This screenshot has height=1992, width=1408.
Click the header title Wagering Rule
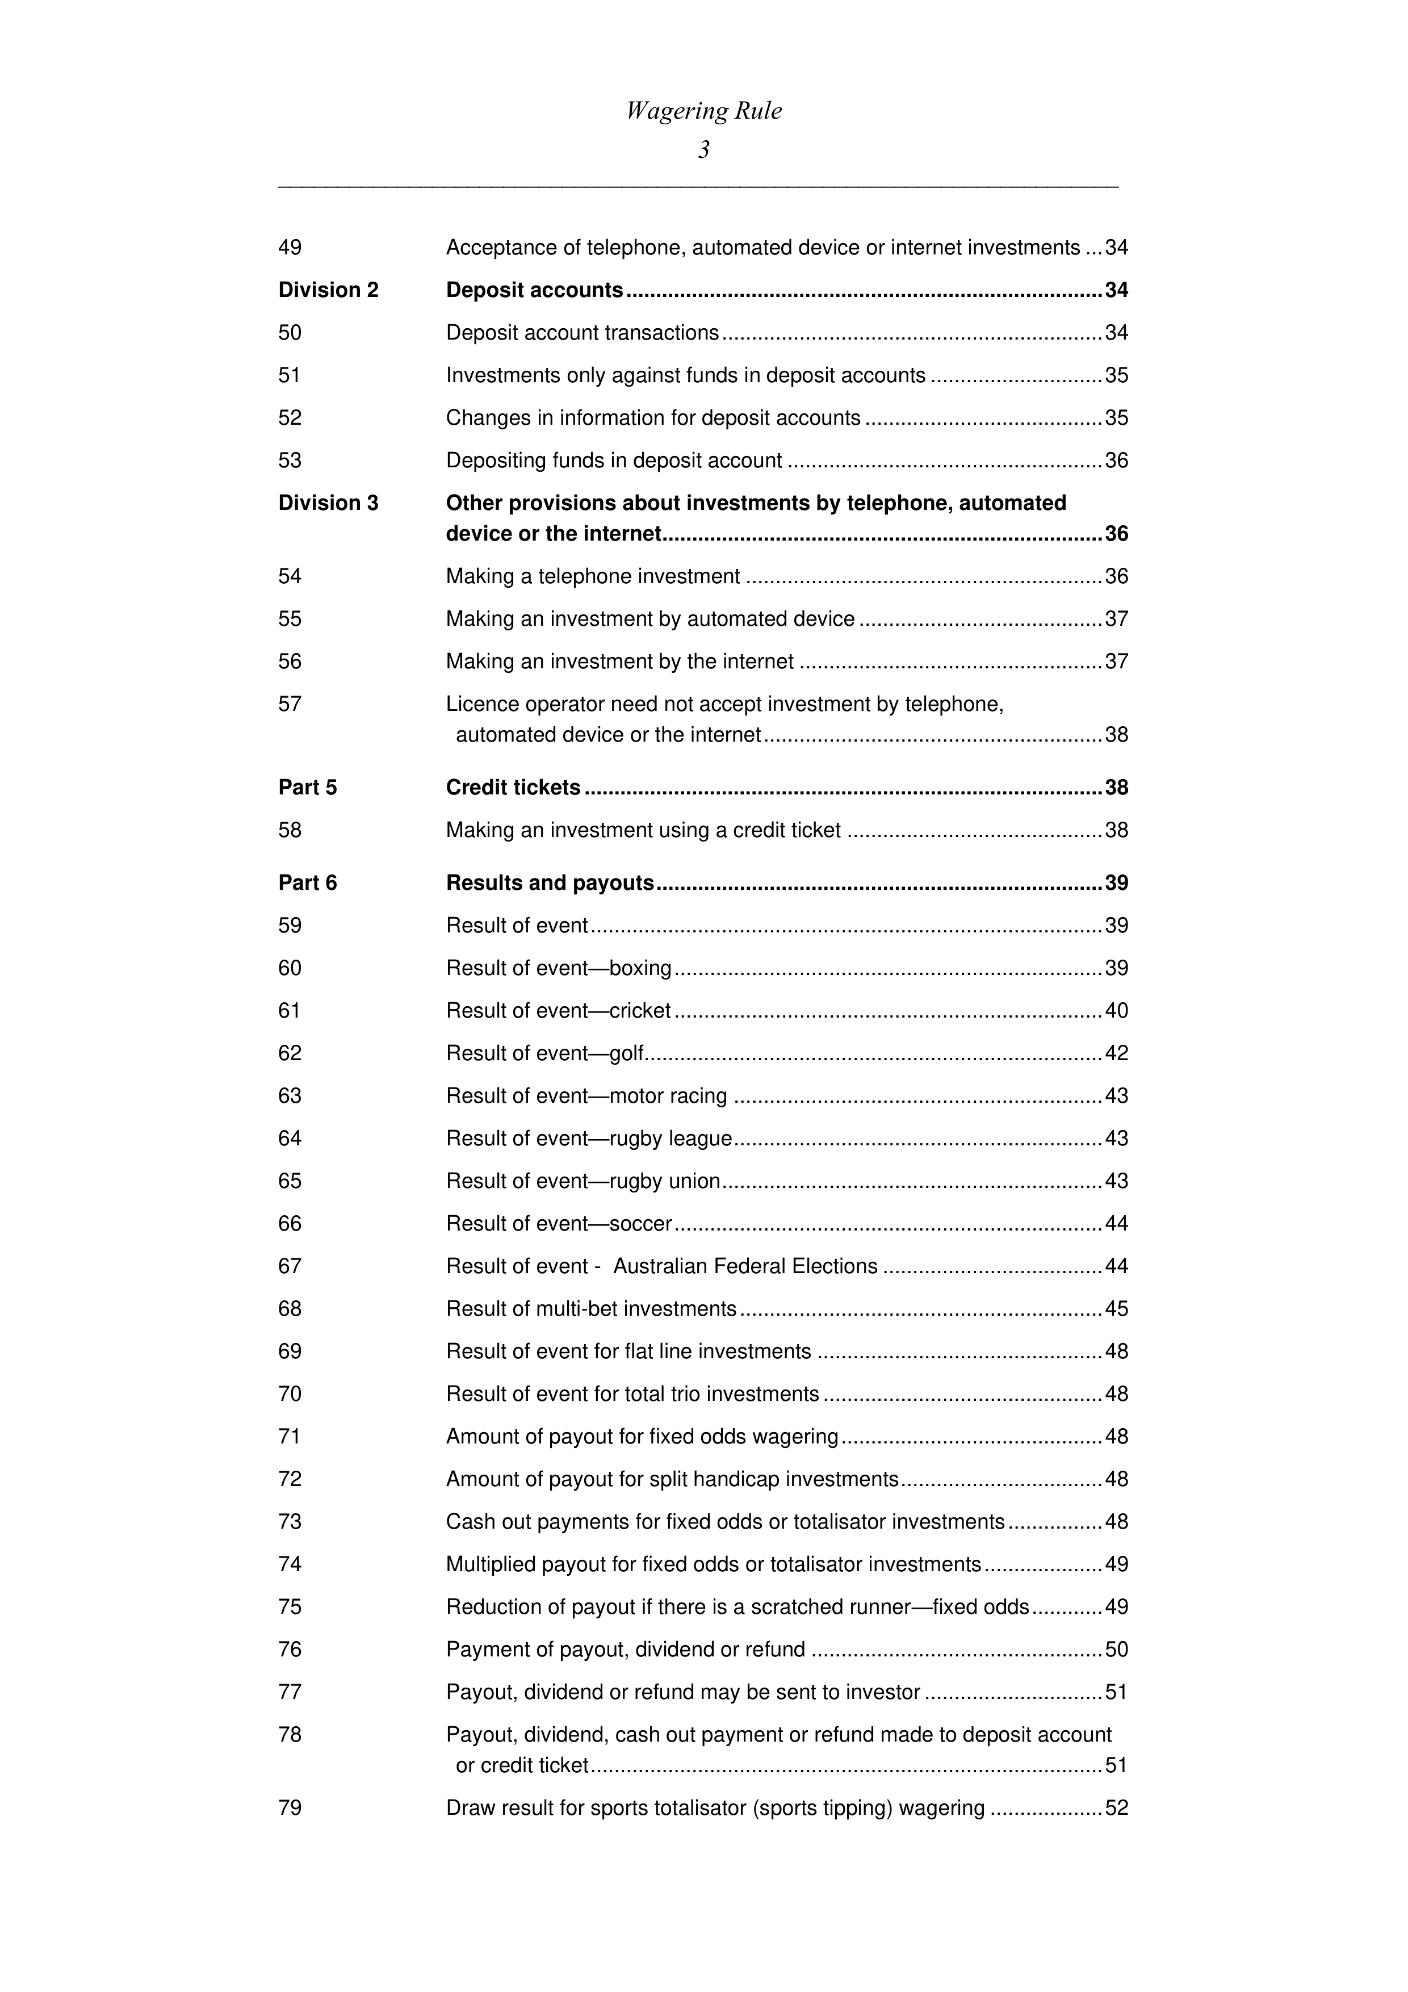[703, 111]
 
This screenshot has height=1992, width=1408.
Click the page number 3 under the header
[703, 150]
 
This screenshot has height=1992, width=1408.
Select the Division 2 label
[328, 290]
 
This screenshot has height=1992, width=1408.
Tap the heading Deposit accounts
[534, 290]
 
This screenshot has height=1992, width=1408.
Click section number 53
[290, 461]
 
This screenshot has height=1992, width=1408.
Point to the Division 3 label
[328, 503]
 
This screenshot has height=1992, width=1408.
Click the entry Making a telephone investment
[593, 577]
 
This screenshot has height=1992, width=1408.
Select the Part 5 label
[307, 788]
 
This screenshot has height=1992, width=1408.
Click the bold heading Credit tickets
[513, 788]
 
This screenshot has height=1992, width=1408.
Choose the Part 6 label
[307, 883]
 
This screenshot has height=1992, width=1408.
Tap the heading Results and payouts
[549, 883]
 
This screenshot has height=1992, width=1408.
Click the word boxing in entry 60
[640, 968]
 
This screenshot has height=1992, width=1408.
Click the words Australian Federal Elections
[745, 1267]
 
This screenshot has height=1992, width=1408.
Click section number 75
[290, 1607]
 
